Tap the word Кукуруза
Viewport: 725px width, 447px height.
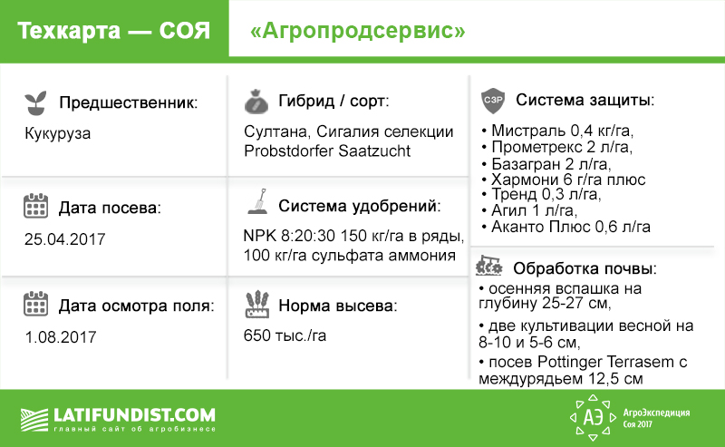pyautogui.click(x=58, y=133)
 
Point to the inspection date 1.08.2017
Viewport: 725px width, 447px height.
pyautogui.click(x=62, y=336)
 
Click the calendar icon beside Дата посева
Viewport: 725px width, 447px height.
pyautogui.click(x=35, y=207)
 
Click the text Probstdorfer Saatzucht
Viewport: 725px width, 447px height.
pyautogui.click(x=327, y=151)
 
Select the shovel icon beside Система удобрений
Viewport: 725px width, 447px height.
pyautogui.click(x=256, y=205)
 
